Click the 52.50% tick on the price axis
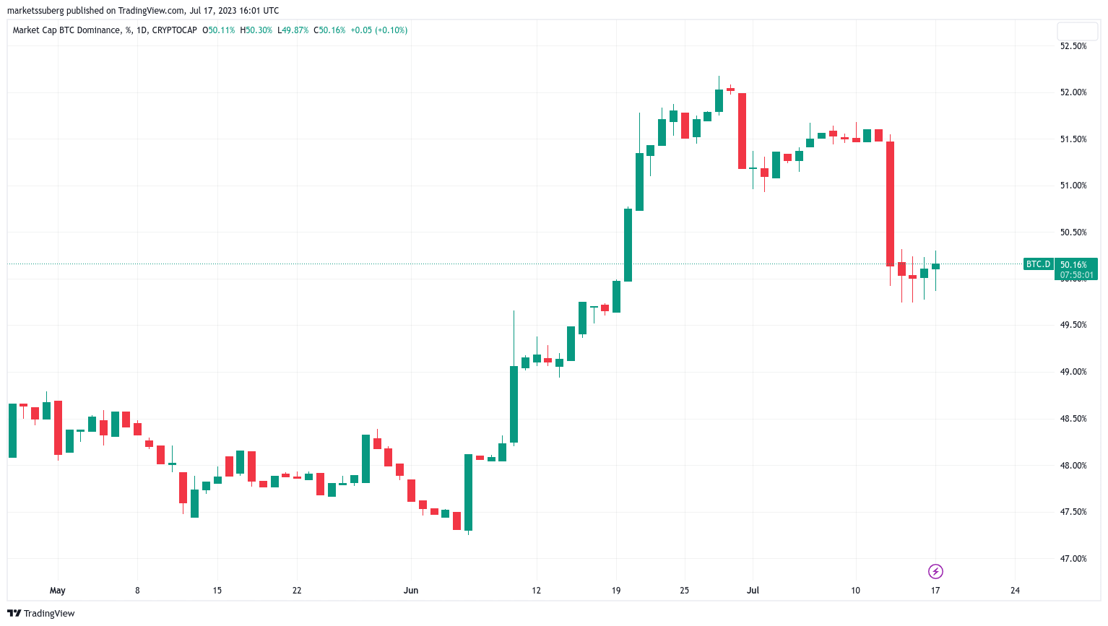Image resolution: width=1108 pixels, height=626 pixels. pyautogui.click(x=1073, y=46)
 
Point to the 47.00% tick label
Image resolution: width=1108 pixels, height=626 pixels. pyautogui.click(x=1073, y=559)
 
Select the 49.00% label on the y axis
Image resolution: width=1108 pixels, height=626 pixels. pyautogui.click(x=1073, y=372)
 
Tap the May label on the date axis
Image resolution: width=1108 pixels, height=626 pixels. pyautogui.click(x=58, y=591)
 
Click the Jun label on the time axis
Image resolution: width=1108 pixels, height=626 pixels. pyautogui.click(x=411, y=591)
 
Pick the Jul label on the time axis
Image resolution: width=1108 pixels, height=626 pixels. pyautogui.click(x=753, y=591)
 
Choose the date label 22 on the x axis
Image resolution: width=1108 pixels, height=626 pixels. pyautogui.click(x=297, y=591)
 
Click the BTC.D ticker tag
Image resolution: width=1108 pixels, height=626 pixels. pyautogui.click(x=1038, y=264)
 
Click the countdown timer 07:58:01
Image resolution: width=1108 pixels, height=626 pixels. pyautogui.click(x=1075, y=275)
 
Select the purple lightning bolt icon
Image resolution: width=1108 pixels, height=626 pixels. pyautogui.click(x=935, y=572)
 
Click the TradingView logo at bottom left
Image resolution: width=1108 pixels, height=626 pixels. pyautogui.click(x=41, y=614)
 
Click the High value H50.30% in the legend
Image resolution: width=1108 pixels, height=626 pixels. pyautogui.click(x=256, y=30)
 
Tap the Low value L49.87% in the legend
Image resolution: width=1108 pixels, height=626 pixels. pyautogui.click(x=293, y=30)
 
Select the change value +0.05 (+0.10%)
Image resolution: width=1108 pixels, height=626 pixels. pyautogui.click(x=378, y=30)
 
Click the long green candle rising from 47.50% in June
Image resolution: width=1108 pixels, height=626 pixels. pyautogui.click(x=468, y=492)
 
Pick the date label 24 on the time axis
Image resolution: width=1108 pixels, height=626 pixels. pyautogui.click(x=1015, y=591)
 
